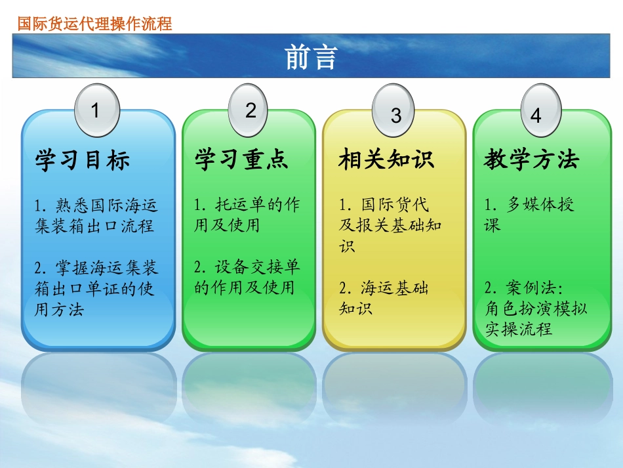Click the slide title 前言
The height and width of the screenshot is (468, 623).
point(311,58)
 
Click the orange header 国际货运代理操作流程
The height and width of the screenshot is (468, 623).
point(94,24)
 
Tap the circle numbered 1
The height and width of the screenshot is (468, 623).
point(96,110)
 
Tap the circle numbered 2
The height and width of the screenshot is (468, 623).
point(251,110)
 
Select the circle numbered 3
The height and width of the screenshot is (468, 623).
point(395,115)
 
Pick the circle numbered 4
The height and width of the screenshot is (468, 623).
point(536,115)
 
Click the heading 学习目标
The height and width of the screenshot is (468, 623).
point(83,160)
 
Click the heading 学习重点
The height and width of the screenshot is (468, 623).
point(241,160)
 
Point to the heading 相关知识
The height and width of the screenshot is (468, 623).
point(386,160)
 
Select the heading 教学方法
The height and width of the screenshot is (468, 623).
point(532,160)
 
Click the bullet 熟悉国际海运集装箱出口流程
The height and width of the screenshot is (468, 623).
point(96,216)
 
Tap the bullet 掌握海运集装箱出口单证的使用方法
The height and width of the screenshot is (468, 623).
point(96,287)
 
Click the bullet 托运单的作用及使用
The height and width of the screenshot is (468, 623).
point(247,215)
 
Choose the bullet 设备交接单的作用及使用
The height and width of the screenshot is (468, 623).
point(247,276)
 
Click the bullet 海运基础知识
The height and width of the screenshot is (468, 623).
point(384,297)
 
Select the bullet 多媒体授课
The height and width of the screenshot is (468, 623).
point(530,215)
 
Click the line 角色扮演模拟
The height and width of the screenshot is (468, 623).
point(536,308)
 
